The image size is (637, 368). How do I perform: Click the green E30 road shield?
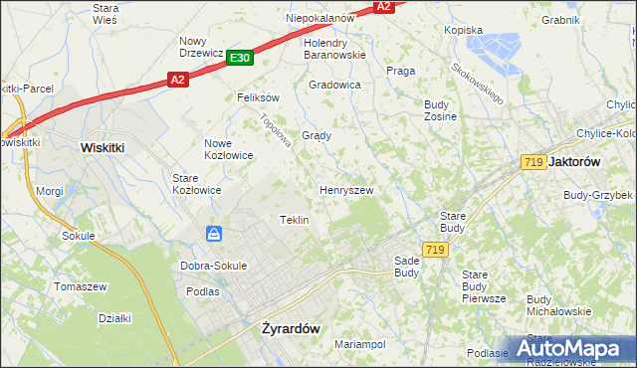click(239, 59)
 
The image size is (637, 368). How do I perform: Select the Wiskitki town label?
click(102, 147)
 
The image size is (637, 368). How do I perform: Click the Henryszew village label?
click(345, 189)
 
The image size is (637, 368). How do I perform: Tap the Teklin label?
click(294, 220)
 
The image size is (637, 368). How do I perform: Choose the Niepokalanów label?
click(320, 18)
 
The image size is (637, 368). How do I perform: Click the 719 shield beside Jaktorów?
click(531, 161)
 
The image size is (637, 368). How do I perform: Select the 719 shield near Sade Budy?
click(432, 249)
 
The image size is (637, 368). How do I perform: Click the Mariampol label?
click(360, 344)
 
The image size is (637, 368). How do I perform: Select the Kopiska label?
click(463, 31)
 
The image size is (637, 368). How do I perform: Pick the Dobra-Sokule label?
click(213, 266)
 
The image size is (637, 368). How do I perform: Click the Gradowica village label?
click(334, 85)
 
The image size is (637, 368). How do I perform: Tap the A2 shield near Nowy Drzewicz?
click(177, 79)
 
